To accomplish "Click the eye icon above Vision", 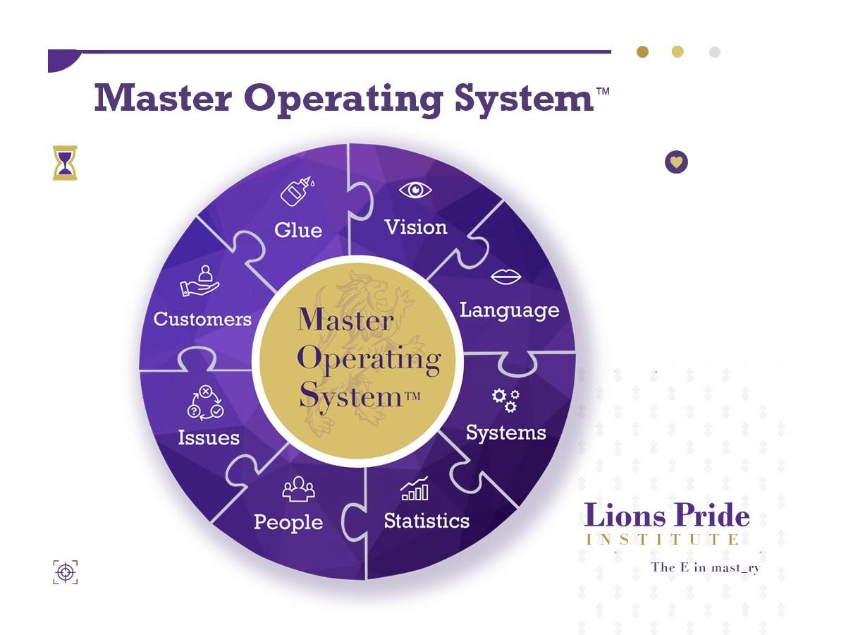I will click(415, 190).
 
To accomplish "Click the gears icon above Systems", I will click(505, 400).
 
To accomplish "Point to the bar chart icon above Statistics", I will click(415, 488).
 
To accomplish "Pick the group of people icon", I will click(298, 488).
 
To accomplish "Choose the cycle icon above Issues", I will click(205, 402).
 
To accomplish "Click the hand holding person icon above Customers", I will click(200, 281).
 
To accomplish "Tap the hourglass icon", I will click(65, 163).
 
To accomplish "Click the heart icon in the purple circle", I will click(676, 162).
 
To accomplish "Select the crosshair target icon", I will click(66, 571).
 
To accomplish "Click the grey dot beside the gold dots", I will click(715, 52).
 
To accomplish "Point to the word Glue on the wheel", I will click(298, 230).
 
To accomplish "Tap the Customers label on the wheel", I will click(202, 319).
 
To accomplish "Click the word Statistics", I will click(427, 521).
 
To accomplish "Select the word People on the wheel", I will click(288, 522).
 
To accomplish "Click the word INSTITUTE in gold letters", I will click(663, 540).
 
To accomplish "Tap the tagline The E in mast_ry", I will click(705, 567).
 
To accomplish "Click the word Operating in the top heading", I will click(343, 99).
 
